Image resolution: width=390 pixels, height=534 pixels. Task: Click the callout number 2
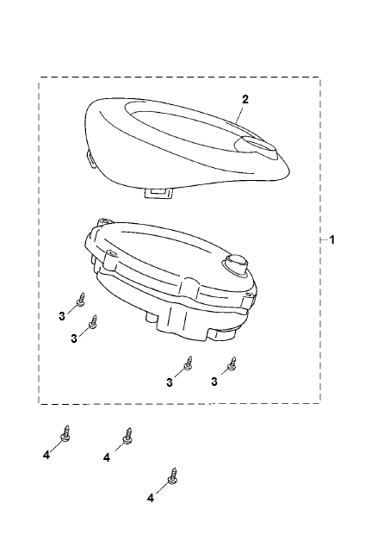(x=245, y=99)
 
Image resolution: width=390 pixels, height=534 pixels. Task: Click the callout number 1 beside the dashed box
(x=332, y=239)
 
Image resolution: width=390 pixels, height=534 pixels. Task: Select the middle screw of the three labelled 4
(x=127, y=436)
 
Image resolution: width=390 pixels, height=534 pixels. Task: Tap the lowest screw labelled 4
(x=172, y=476)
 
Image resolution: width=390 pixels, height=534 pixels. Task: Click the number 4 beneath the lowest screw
(x=151, y=498)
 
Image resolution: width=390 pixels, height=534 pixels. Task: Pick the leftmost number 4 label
(x=46, y=455)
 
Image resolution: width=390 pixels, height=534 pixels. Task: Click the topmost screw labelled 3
(x=81, y=300)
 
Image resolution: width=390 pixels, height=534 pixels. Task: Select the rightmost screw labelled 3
(x=232, y=363)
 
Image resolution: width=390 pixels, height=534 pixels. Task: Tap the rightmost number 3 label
(x=214, y=382)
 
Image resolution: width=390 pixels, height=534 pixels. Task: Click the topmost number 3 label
(x=62, y=316)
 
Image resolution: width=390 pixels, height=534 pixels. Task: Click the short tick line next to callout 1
(x=324, y=240)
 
